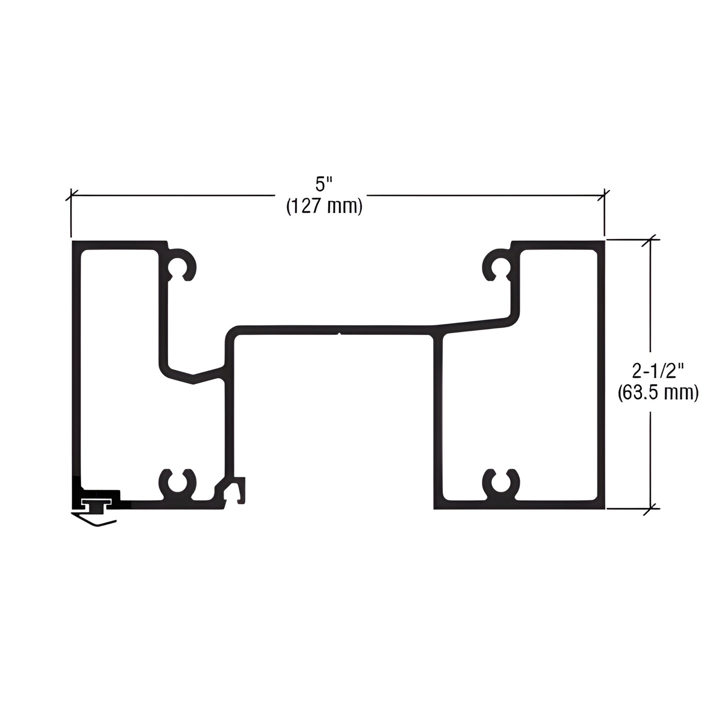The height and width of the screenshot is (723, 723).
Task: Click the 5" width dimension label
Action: point(323,185)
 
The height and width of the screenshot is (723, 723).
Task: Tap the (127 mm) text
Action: point(323,206)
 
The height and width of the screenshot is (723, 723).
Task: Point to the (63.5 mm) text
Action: point(657,393)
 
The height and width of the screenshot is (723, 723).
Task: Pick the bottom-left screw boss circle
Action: point(178,484)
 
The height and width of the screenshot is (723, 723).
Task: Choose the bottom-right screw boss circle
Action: point(501,483)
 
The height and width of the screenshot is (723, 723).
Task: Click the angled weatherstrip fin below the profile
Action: point(95,520)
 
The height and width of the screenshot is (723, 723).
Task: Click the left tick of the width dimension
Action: point(72,195)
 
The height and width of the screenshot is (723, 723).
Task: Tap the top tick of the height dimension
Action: point(650,240)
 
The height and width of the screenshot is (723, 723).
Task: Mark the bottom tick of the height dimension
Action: point(650,509)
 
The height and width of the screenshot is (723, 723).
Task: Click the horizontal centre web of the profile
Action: point(330,329)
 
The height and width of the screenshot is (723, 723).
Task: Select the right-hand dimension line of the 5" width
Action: point(485,195)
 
